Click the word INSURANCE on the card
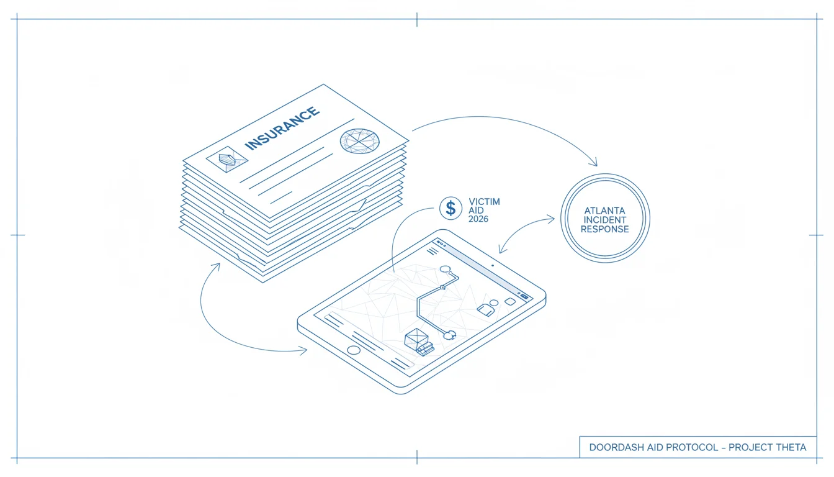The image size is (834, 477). pos(282,128)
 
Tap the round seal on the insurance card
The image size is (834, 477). pos(360,141)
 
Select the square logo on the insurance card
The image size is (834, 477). pos(227,160)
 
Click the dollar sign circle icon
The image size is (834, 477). pos(451,208)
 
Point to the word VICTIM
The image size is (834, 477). pos(484,202)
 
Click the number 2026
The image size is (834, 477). pos(478,219)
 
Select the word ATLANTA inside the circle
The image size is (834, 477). pos(604,211)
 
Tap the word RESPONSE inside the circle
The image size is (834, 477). pos(604,229)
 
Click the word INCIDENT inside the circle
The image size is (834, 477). pos(604,220)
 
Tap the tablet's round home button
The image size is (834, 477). pos(353,350)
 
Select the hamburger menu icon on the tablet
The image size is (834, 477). pos(433,252)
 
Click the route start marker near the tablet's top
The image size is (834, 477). pos(446,269)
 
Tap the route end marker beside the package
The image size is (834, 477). pos(449,335)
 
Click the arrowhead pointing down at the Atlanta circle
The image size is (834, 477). pos(593,161)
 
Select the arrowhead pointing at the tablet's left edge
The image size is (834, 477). pos(302,351)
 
